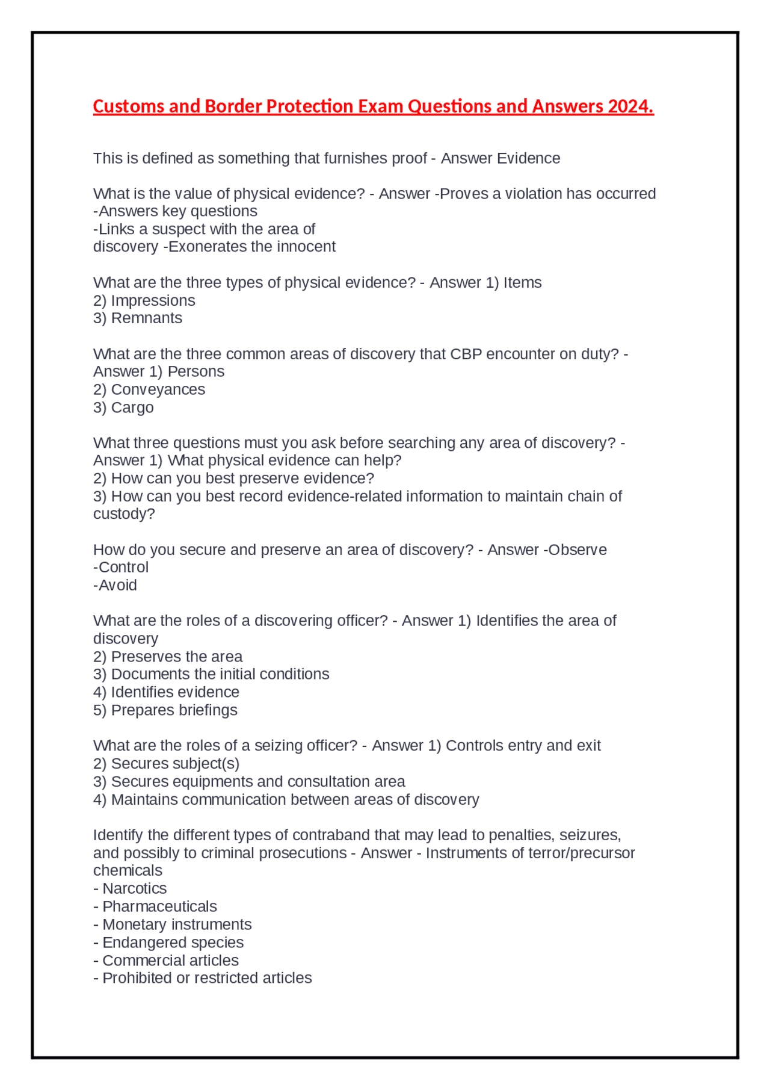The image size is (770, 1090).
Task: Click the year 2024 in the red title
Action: tap(630, 107)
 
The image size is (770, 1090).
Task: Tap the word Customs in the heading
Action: tap(129, 107)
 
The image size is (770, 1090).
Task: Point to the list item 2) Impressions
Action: tap(144, 300)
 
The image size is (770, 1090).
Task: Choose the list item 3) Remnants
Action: tap(138, 318)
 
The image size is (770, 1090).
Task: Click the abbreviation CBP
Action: tap(466, 354)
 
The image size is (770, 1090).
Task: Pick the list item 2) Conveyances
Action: tap(149, 389)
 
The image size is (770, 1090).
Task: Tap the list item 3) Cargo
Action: tap(123, 407)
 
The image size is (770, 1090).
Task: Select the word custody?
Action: tap(124, 514)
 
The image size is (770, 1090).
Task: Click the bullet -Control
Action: tap(121, 567)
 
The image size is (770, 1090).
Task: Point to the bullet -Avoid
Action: tap(115, 585)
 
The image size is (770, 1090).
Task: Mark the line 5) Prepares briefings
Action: tap(165, 710)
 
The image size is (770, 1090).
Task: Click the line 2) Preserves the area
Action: tap(168, 657)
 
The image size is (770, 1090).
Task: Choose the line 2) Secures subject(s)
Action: tap(166, 764)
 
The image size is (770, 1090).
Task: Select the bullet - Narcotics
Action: tap(130, 888)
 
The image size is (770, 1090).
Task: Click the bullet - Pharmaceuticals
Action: tap(155, 906)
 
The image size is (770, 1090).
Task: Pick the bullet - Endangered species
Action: tap(168, 943)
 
